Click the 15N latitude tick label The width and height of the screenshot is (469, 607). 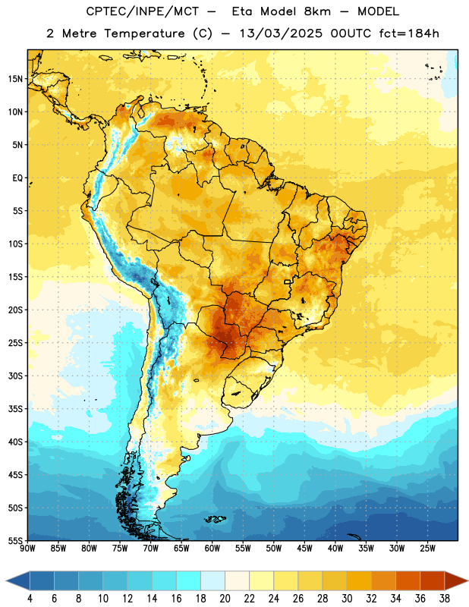coord(15,79)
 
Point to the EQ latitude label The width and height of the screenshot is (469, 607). coord(17,178)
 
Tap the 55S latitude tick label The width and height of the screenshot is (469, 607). coord(15,540)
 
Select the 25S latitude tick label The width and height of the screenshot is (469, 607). coord(15,343)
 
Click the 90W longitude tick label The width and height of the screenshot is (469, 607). coord(27,549)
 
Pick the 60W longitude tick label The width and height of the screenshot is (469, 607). coord(212,549)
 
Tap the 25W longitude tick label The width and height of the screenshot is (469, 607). coord(428,549)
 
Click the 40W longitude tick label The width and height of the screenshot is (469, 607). coord(335,549)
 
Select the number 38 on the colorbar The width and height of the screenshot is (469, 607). coord(445,599)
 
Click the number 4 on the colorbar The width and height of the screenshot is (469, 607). coord(30,599)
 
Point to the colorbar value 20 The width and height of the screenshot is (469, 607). coord(225,599)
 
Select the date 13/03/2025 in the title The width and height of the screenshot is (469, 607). coord(281,33)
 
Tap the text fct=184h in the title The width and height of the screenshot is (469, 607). coord(409,33)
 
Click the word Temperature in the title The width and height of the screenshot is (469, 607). coord(144,33)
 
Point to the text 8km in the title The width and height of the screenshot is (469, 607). coord(317,11)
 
